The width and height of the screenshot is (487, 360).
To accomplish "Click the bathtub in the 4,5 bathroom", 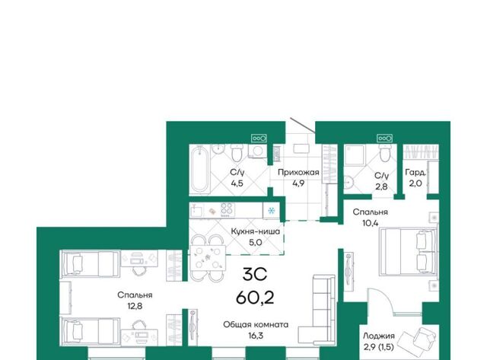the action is coord(200,170).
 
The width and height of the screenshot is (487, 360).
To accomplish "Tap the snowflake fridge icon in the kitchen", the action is coord(272,211).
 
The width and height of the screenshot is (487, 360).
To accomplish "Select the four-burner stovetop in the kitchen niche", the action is coord(228,209).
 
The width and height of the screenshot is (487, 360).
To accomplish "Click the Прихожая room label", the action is coord(298,172).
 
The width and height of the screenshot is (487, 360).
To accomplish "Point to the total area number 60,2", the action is coord(255,298).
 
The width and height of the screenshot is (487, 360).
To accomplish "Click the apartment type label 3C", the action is coord(255,275).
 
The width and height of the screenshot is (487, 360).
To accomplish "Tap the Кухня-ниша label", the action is coord(256,231).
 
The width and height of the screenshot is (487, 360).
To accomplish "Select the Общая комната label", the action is coord(256,324).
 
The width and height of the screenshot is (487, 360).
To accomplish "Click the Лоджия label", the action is coord(379,336).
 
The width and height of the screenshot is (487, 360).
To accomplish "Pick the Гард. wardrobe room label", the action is coord(415,173).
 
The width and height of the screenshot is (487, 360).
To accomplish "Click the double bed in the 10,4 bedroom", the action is coord(408,251).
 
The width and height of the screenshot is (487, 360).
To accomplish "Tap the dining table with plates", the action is coord(208,257).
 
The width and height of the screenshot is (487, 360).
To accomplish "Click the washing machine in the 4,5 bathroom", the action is coord(258,151).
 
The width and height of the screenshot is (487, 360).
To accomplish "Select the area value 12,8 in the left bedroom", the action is coord(135,306).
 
